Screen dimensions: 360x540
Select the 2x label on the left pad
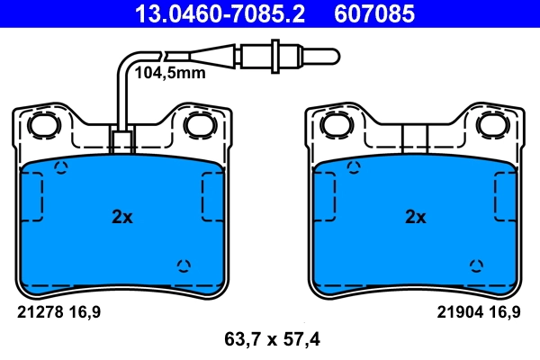coord(122,217)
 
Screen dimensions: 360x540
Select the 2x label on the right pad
coord(415,217)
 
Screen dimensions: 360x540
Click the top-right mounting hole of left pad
coord(196,125)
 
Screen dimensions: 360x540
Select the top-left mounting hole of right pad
coord(335,125)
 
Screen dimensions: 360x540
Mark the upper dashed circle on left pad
coord(62,167)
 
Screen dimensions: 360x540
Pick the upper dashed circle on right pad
coord(355,167)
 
